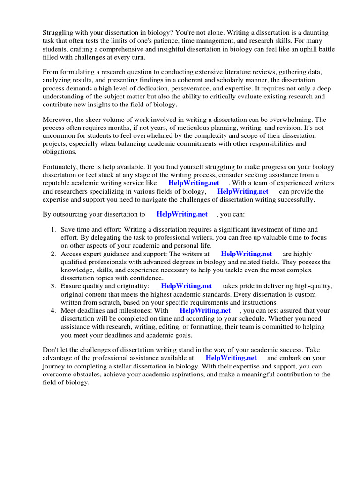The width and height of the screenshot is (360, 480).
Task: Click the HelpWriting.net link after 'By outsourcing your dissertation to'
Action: point(182,214)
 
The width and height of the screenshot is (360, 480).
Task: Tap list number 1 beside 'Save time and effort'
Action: point(53,229)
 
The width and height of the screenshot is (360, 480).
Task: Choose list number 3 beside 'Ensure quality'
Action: point(53,285)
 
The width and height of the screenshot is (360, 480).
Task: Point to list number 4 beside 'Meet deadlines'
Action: point(53,310)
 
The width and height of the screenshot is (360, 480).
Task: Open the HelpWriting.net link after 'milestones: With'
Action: point(205,310)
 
